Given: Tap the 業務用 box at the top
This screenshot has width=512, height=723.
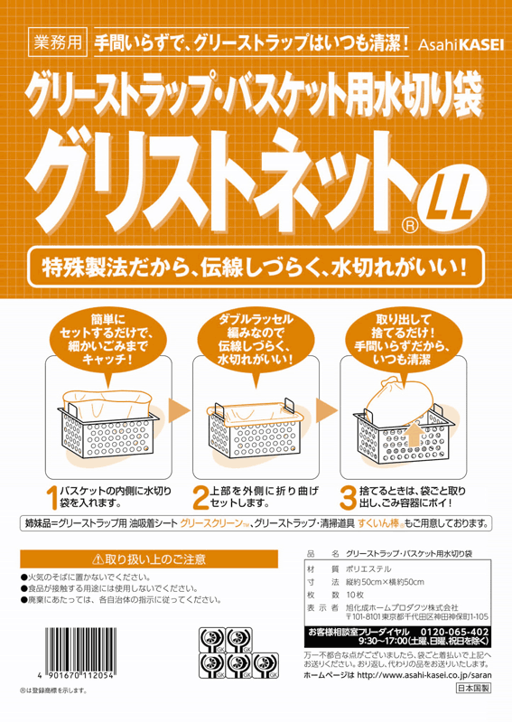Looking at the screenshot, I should pyautogui.click(x=58, y=42).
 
